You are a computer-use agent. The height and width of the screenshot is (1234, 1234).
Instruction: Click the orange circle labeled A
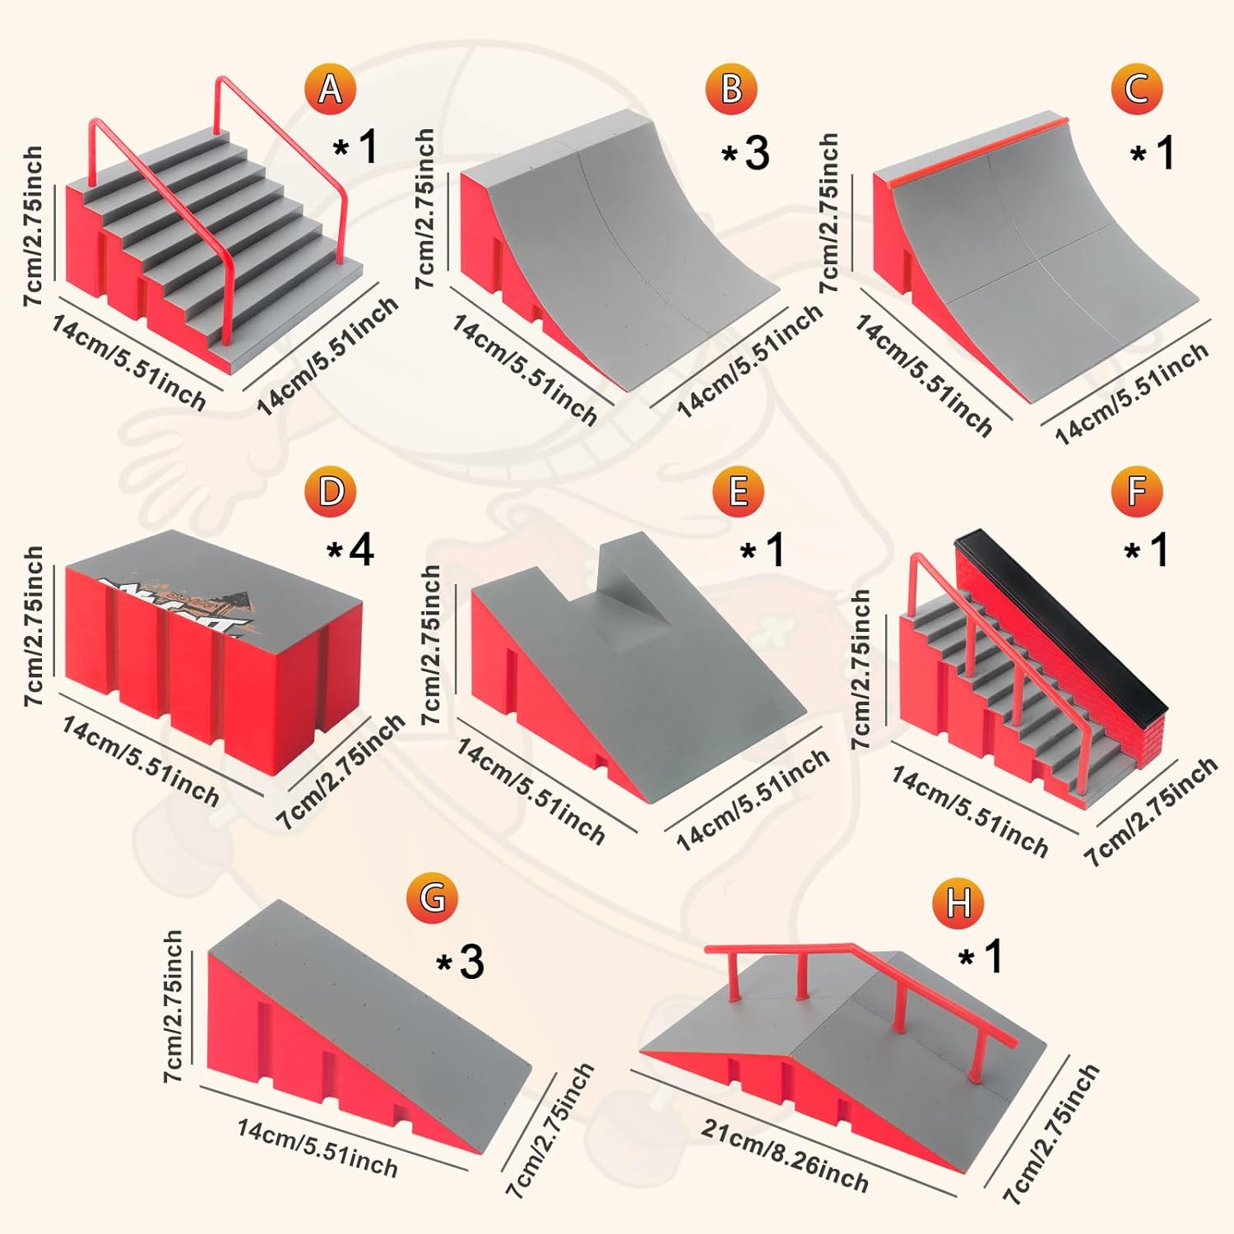[330, 89]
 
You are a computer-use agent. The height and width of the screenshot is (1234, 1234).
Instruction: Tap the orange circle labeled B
[731, 89]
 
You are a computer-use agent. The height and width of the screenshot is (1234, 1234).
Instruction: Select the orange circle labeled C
[1136, 89]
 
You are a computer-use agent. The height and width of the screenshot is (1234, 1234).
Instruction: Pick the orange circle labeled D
[331, 491]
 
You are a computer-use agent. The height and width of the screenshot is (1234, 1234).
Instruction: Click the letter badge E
[738, 491]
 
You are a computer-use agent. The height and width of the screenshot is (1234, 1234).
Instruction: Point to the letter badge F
[1136, 491]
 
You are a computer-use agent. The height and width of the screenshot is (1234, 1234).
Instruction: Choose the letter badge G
[432, 897]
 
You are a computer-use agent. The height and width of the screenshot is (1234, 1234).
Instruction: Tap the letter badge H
[958, 902]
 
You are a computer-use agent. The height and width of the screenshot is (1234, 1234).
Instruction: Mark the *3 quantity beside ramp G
[460, 961]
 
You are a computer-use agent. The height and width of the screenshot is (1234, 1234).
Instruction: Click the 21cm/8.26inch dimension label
[784, 1156]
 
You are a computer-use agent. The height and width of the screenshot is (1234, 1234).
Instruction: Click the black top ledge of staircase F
[1061, 617]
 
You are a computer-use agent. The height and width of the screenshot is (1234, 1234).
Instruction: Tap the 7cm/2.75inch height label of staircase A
[33, 226]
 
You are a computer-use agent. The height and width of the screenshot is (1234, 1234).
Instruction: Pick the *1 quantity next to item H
[981, 956]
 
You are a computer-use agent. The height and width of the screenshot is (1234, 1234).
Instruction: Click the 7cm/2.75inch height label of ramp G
[173, 1006]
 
